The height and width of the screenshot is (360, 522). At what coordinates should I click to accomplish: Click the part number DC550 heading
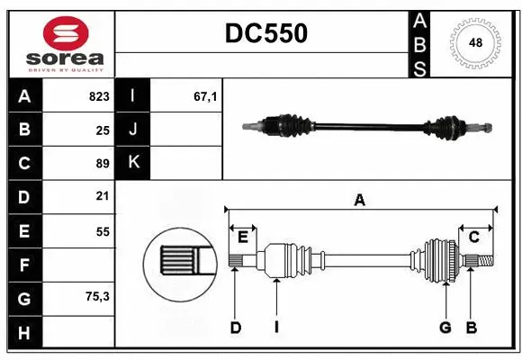point(265,34)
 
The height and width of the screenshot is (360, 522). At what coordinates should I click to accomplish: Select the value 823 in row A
point(99,96)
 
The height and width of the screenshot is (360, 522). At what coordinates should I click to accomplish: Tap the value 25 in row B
point(102,130)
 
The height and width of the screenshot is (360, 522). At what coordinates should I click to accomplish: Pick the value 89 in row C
point(102,163)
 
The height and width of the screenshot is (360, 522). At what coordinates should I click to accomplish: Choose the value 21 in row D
point(102,196)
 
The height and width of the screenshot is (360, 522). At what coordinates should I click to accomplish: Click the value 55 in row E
point(102,230)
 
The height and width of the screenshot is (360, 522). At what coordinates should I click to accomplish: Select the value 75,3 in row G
point(97,296)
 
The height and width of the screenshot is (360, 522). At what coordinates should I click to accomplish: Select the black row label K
point(133,163)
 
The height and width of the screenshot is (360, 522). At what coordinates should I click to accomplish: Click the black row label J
point(133,130)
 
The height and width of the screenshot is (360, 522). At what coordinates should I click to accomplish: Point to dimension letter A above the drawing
point(359,201)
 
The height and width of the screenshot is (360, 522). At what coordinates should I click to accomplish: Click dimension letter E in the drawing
point(243,237)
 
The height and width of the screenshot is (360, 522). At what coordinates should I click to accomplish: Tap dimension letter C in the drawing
point(473,237)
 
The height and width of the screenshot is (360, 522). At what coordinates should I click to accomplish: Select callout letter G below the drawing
point(445,328)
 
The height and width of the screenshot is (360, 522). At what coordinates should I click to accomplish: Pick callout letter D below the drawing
point(236,328)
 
